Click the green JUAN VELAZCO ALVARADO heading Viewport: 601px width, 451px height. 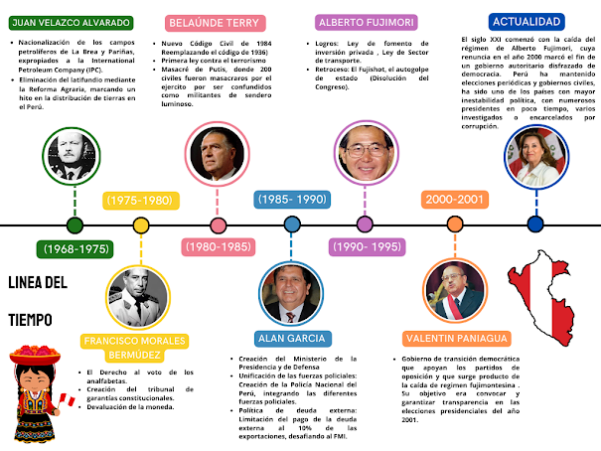pos(70,22)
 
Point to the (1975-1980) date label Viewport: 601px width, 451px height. pos(139,200)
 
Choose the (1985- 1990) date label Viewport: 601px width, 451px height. pos(292,200)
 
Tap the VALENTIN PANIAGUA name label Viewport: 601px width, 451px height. pos(456,338)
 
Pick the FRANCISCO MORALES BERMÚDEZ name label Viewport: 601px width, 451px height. pos(135,348)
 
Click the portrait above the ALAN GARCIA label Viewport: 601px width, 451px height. pos(290,292)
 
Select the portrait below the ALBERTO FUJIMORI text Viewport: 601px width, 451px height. pos(365,156)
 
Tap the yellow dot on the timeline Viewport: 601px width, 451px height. pos(140,225)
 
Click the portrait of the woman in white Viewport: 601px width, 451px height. pos(536,158)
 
